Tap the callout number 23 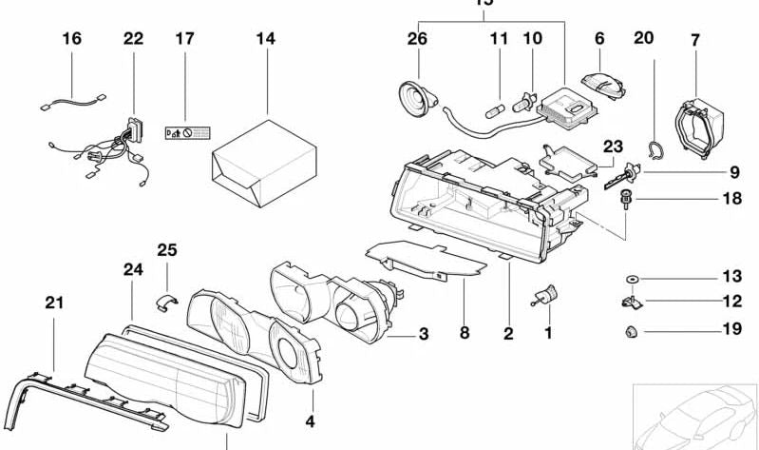[613, 147]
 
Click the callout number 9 [733, 173]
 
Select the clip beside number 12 [629, 303]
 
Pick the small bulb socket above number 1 [547, 297]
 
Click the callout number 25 [167, 251]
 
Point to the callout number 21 [54, 303]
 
